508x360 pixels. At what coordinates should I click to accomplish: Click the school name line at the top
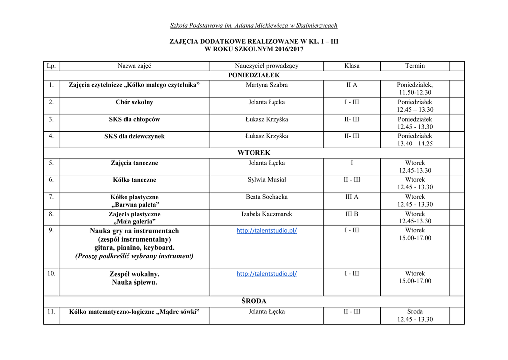point(254,25)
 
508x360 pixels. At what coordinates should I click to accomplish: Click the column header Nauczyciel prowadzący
point(266,66)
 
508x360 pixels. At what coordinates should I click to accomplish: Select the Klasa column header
point(352,66)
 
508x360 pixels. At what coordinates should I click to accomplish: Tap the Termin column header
point(415,66)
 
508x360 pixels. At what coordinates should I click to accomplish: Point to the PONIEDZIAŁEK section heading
point(254,75)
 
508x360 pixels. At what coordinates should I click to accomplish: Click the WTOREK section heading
point(254,153)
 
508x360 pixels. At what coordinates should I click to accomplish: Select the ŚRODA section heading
point(254,301)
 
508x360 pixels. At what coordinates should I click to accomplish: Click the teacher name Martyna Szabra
point(266,85)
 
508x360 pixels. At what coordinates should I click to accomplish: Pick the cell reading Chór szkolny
point(134,102)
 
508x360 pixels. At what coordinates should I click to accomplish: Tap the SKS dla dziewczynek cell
point(134,136)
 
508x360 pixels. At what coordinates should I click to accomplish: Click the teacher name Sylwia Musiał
point(266,180)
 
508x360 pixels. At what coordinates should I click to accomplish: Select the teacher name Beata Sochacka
point(266,197)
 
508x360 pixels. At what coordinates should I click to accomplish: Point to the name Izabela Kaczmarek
point(266,214)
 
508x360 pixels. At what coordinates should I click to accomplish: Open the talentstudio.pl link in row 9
point(266,231)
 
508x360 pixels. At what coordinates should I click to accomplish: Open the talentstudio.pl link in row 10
point(266,274)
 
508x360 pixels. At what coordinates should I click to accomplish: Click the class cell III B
point(352,214)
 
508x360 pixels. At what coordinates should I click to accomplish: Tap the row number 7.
point(51,197)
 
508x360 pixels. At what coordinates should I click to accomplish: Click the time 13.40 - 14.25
point(415,144)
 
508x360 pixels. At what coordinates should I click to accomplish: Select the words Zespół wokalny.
point(134,274)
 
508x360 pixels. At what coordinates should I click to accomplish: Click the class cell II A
point(352,85)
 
